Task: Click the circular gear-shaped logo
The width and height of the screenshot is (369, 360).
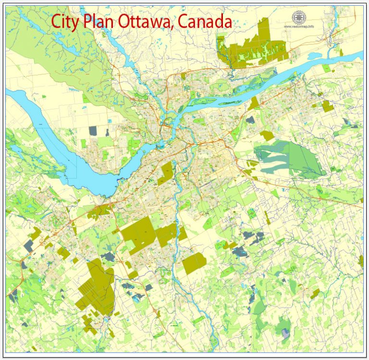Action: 299,17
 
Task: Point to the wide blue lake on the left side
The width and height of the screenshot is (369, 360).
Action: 58,139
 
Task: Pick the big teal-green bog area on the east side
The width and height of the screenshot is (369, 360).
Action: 288,158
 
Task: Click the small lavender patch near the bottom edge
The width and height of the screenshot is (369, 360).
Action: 286,333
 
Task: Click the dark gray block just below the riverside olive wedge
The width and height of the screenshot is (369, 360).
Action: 250,120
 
